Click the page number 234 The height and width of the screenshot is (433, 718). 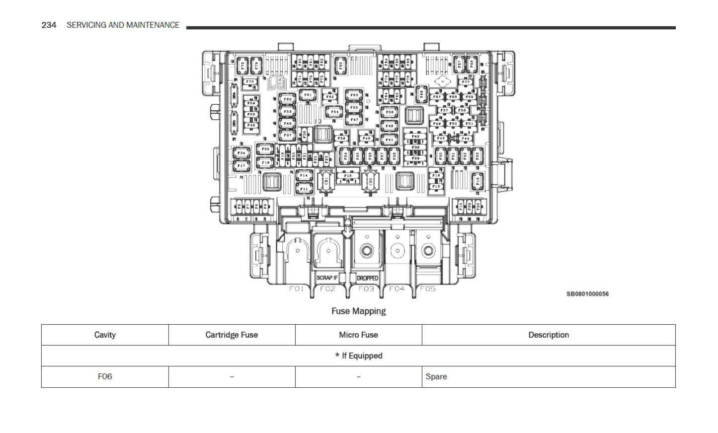pyautogui.click(x=49, y=25)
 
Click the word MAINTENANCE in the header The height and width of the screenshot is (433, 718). pyautogui.click(x=154, y=25)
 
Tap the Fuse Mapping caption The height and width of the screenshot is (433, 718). pyautogui.click(x=358, y=311)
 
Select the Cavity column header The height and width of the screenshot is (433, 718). pyautogui.click(x=105, y=335)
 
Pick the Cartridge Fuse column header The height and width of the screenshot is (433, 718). pyautogui.click(x=232, y=335)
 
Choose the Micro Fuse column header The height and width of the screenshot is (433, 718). pyautogui.click(x=358, y=335)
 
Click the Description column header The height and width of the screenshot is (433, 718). pyautogui.click(x=548, y=335)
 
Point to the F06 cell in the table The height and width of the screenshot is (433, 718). pyautogui.click(x=105, y=376)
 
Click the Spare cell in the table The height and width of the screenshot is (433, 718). pyautogui.click(x=436, y=376)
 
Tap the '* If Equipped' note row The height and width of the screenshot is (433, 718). pyautogui.click(x=358, y=356)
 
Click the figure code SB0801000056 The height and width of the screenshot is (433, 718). pyautogui.click(x=587, y=294)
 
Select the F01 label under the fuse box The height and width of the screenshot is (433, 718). pyautogui.click(x=297, y=289)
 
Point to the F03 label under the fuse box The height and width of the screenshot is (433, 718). pyautogui.click(x=366, y=289)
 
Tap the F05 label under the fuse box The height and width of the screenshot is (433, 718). pyautogui.click(x=428, y=289)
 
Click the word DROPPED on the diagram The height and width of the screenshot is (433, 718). pyautogui.click(x=368, y=278)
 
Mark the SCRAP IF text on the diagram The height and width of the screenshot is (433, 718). pyautogui.click(x=327, y=278)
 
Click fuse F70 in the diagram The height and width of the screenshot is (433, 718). pyautogui.click(x=250, y=81)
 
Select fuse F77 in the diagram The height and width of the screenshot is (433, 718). pyautogui.click(x=466, y=82)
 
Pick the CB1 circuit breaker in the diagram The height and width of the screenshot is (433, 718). pyautogui.click(x=326, y=181)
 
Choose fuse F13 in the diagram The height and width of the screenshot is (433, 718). pyautogui.click(x=478, y=181)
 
